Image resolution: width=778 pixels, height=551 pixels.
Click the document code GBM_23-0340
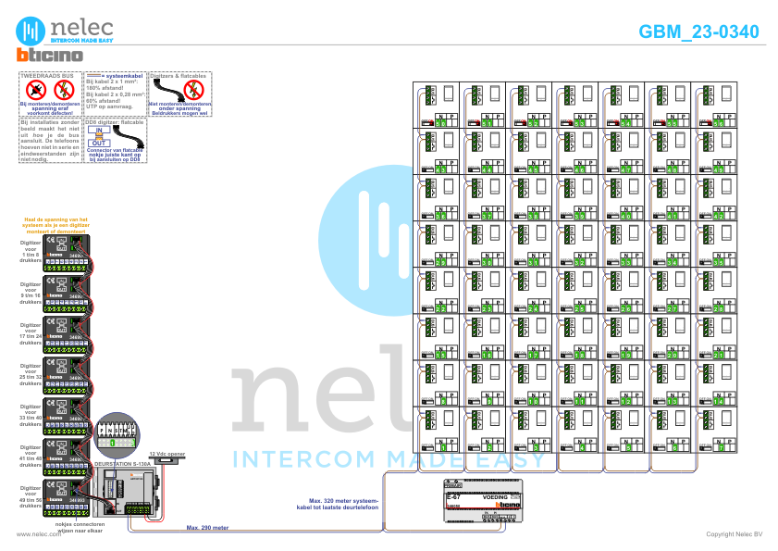pos(698,31)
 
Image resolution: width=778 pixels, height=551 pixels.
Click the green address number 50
pos(441,122)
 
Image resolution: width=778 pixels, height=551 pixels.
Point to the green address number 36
pos(441,215)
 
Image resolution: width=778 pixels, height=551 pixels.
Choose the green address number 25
pos(580,307)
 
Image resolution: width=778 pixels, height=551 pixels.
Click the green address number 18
pos(580,354)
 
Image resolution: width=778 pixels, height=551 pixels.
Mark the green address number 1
pos(441,446)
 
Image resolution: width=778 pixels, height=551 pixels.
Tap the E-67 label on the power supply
pos(454,496)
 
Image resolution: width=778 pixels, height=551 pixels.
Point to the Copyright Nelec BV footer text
pos(734,534)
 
